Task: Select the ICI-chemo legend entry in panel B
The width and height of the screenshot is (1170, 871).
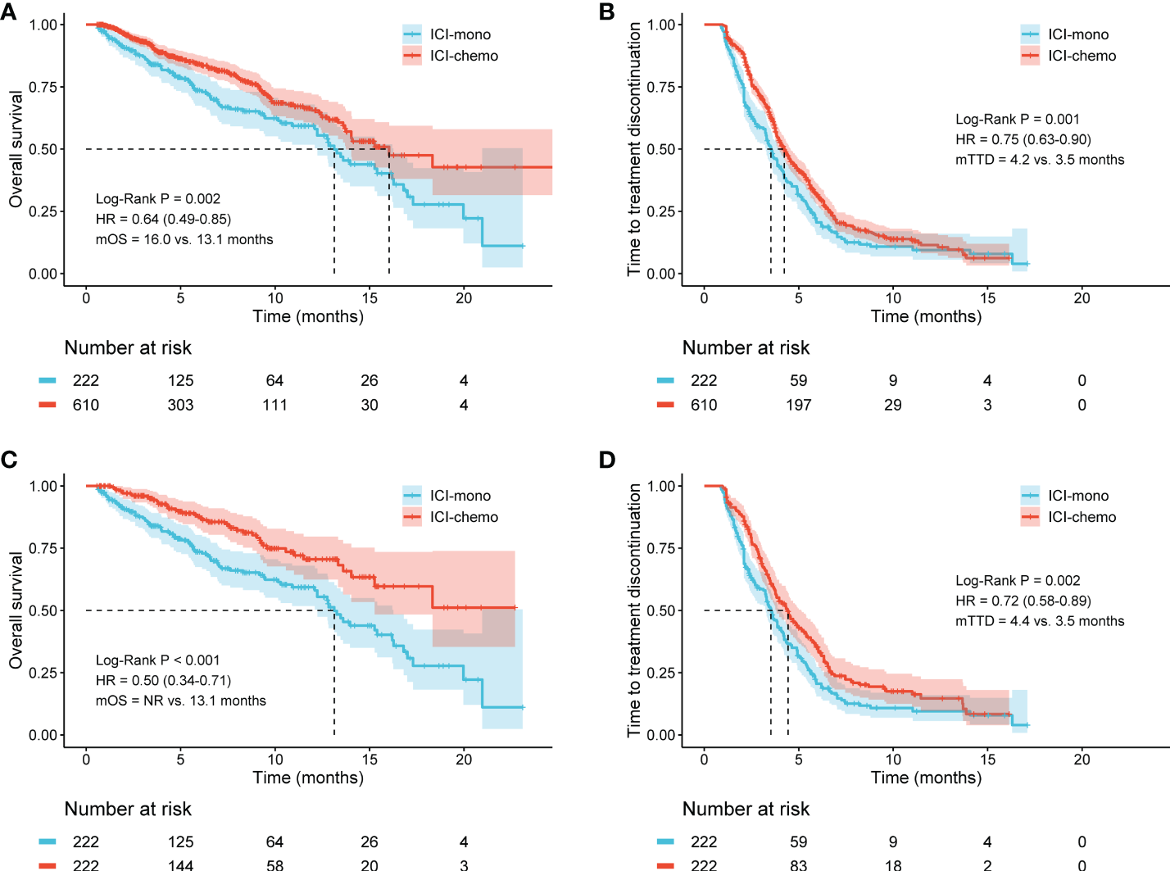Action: click(1082, 56)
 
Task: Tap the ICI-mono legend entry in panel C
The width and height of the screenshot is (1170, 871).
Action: click(460, 496)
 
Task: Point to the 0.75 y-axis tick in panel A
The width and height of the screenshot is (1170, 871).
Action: click(43, 87)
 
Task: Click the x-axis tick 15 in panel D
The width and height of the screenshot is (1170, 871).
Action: click(987, 760)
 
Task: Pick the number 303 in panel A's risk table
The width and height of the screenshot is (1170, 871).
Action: click(180, 405)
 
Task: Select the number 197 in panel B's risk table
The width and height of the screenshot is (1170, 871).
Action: click(798, 405)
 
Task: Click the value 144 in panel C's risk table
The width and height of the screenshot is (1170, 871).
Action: click(180, 864)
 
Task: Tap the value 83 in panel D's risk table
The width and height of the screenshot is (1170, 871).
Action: click(798, 864)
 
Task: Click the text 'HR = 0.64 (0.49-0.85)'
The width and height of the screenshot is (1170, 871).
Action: click(163, 219)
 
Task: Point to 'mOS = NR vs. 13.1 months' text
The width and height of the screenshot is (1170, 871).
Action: click(180, 701)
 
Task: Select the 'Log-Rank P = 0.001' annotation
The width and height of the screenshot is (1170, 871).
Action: click(1017, 119)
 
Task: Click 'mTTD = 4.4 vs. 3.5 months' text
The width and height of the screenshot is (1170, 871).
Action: click(1039, 621)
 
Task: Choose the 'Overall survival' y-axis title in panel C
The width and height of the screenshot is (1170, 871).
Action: click(16, 610)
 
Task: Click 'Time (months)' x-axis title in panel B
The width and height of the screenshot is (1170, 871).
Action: click(926, 317)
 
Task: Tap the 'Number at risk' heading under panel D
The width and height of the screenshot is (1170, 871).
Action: click(746, 810)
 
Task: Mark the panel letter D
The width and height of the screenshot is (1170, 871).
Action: click(607, 460)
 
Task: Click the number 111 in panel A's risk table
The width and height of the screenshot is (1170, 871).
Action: click(274, 405)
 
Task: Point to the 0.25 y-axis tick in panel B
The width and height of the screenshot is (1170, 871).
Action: click(660, 211)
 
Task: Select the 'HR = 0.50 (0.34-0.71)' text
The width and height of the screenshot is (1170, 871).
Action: click(163, 680)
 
